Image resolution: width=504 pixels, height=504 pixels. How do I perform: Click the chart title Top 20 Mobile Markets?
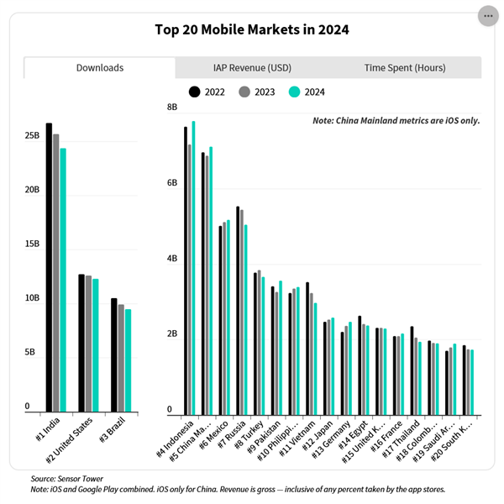tap(252, 30)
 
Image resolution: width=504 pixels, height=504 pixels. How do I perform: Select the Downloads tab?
tap(100, 67)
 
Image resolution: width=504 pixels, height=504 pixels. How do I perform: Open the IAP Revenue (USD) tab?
tap(252, 67)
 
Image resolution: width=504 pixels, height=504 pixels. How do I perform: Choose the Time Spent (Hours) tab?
tap(405, 67)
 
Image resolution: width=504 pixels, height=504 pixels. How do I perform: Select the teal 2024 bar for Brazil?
tap(129, 360)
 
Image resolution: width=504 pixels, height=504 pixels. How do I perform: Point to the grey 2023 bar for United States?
tap(88, 344)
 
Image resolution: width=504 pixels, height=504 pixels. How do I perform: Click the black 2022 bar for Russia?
tap(238, 310)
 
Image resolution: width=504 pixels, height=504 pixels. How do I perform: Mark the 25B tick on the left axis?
tap(33, 136)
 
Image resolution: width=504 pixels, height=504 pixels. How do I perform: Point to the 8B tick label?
tap(172, 108)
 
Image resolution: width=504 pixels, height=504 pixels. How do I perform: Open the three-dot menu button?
tap(488, 16)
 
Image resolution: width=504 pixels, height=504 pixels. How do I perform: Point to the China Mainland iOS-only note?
tap(396, 121)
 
